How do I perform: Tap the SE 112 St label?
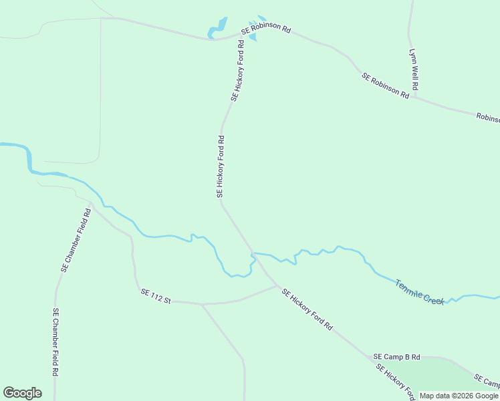pos(156,297)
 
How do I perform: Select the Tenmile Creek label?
pos(419,292)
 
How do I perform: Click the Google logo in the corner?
pos(22,393)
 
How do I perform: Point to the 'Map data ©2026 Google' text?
pos(459,396)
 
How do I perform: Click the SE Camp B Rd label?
pos(396,358)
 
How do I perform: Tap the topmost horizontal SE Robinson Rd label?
pos(266,30)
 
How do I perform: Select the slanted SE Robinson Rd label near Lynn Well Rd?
pos(385,86)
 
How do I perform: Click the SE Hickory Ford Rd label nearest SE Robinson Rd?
pos(237,71)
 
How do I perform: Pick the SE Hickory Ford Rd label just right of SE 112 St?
pos(307,309)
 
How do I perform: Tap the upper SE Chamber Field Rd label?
pos(76,241)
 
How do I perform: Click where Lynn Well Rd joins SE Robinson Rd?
pos(415,97)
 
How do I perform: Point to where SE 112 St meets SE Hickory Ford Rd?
pos(277,286)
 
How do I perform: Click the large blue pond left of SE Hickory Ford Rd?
pos(218,27)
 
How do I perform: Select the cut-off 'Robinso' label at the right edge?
pos(487,118)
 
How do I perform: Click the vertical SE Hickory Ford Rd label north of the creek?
pos(220,166)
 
